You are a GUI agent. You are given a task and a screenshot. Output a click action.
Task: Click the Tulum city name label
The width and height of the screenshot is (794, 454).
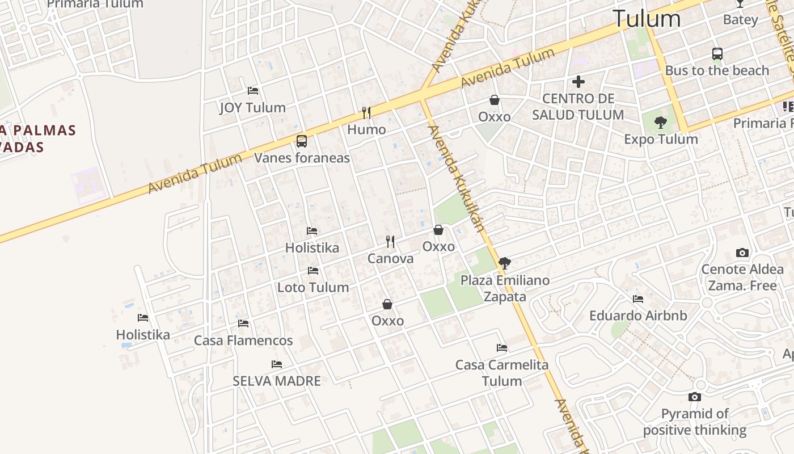click(x=647, y=19)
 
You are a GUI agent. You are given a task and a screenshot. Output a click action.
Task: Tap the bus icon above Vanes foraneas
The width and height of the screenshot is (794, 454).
click(x=302, y=141)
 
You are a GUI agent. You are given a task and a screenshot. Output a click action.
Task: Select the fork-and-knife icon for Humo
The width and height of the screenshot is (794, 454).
click(x=366, y=113)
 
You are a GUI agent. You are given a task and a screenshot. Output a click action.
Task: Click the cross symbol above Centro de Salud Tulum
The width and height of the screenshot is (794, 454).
click(x=578, y=82)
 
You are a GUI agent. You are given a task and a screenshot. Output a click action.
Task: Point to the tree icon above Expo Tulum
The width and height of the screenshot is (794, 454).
click(x=660, y=122)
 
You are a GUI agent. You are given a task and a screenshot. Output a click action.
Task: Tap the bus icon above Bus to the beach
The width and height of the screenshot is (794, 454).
click(x=717, y=54)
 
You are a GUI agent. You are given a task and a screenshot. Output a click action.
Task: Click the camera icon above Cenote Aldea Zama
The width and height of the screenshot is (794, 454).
click(x=742, y=253)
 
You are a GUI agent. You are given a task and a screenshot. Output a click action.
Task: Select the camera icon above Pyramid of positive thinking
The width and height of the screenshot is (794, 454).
click(x=695, y=397)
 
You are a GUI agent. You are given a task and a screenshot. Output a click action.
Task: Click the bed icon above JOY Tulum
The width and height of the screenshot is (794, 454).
click(x=253, y=91)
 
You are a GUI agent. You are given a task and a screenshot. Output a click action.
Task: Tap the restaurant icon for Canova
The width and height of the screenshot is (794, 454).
click(x=390, y=242)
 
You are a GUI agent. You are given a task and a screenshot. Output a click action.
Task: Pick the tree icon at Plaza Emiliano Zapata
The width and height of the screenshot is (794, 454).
click(x=504, y=263)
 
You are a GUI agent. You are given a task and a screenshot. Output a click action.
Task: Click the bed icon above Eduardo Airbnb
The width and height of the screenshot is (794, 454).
click(x=638, y=299)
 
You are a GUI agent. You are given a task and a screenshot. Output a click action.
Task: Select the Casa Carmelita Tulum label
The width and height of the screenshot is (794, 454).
click(x=502, y=372)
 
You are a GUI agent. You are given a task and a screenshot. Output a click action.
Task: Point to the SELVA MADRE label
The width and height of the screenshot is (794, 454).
click(x=277, y=381)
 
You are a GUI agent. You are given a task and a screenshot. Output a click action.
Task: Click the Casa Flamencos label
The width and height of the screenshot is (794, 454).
click(x=243, y=340)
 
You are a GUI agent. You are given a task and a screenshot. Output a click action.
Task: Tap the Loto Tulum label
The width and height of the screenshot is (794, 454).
click(x=313, y=287)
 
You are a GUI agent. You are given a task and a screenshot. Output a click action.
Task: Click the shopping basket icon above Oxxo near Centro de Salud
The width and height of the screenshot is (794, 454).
click(x=495, y=100)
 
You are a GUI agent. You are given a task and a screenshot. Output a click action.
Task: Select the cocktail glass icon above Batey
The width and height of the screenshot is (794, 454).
click(x=740, y=3)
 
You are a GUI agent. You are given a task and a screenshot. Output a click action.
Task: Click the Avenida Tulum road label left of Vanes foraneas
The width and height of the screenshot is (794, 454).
click(x=195, y=173)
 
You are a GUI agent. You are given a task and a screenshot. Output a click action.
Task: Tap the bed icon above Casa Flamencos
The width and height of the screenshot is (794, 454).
click(x=243, y=323)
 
